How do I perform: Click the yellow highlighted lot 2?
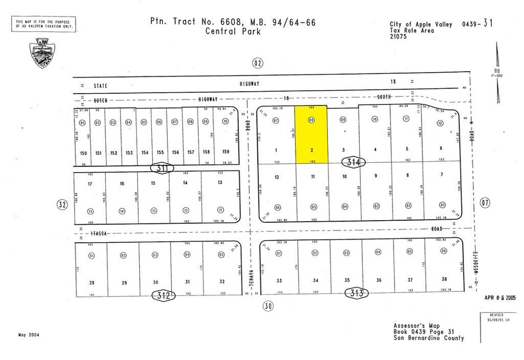[312, 135]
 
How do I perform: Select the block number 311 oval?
[162, 167]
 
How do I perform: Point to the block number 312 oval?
[163, 294]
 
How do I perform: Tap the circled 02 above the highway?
[257, 63]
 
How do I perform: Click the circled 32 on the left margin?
[62, 205]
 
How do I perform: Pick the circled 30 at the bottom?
[268, 306]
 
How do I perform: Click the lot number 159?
[225, 152]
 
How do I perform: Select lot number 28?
[92, 282]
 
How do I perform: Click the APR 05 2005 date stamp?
[499, 297]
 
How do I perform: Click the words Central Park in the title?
[233, 31]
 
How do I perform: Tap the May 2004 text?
[29, 335]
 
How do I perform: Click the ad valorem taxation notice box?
[43, 24]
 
